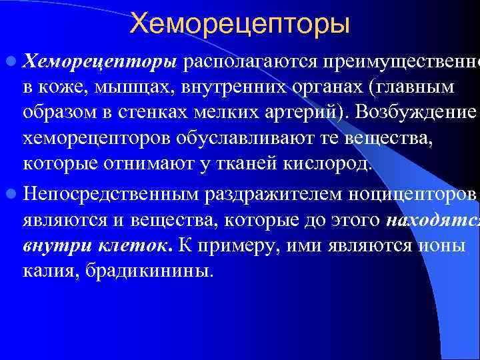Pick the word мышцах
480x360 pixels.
click(127, 88)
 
